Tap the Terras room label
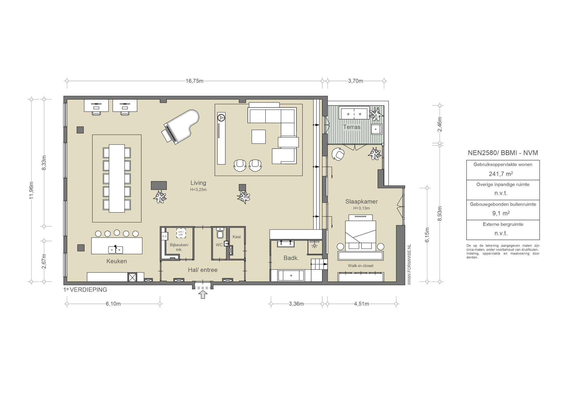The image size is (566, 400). pyautogui.click(x=352, y=127)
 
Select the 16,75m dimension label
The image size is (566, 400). pyautogui.click(x=195, y=81)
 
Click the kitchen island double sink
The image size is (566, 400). pyautogui.click(x=116, y=249)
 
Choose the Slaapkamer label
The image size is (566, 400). pyautogui.click(x=361, y=202)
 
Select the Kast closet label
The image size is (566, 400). pyautogui.click(x=237, y=237)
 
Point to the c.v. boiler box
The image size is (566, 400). pyautogui.click(x=165, y=236)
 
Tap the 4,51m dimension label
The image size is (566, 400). pyautogui.click(x=361, y=304)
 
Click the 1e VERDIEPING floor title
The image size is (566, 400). pyautogui.click(x=85, y=290)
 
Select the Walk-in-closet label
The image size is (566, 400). pyautogui.click(x=361, y=266)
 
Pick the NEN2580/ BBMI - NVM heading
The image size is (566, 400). pyautogui.click(x=503, y=153)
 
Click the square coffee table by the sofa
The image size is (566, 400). pyautogui.click(x=258, y=137)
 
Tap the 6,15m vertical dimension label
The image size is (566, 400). pyautogui.click(x=427, y=235)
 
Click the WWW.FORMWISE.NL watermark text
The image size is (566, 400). pyautogui.click(x=409, y=264)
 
